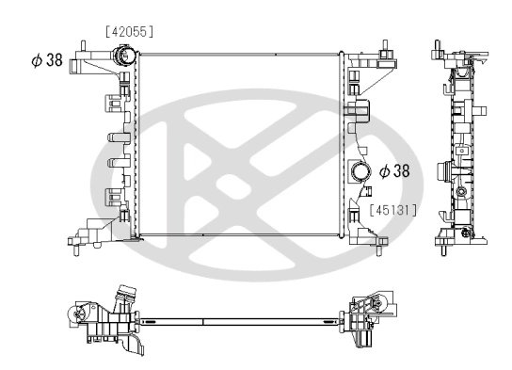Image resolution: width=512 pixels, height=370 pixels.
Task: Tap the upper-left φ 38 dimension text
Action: tap(48, 60)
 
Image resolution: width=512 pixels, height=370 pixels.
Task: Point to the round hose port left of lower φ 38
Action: tap(359, 173)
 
